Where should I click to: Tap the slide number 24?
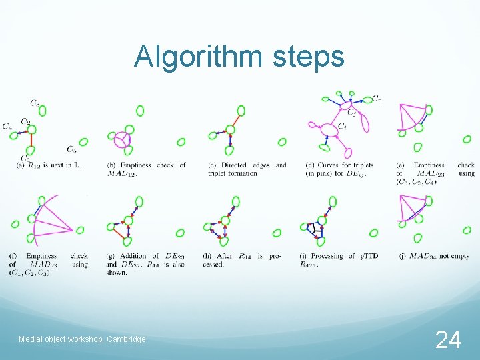coord(447,340)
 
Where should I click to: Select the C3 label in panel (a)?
coord(34,103)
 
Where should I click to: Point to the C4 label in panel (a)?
coord(7,126)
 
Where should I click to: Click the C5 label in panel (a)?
coord(71,149)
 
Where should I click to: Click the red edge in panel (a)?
coord(30,139)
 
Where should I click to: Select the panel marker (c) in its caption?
coord(212,165)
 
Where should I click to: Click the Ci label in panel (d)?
coord(342,127)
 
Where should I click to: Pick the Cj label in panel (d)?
coord(351,113)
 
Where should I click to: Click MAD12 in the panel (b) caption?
coord(120,174)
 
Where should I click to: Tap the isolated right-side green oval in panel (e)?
coord(467,139)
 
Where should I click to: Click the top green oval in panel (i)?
coord(332,201)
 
